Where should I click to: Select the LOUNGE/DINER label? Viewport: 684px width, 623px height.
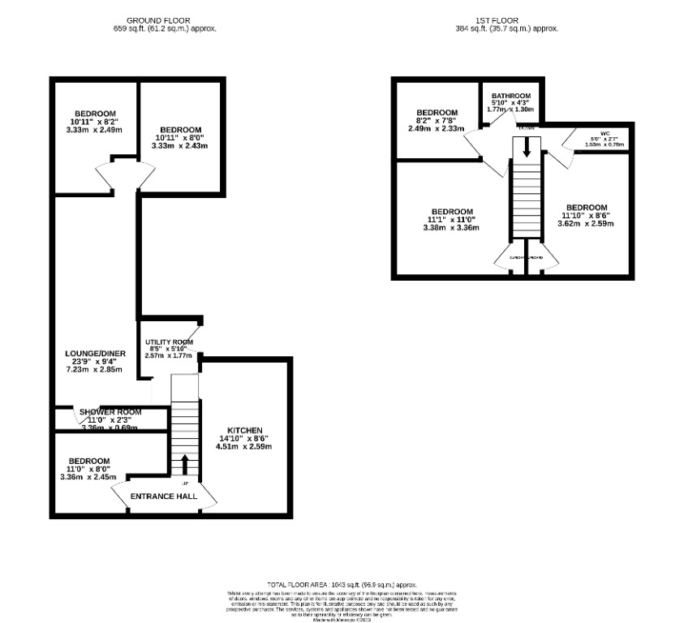tap(94, 354)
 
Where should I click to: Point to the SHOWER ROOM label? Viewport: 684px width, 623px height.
tap(110, 412)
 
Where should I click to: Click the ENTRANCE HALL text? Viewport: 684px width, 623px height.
tap(165, 495)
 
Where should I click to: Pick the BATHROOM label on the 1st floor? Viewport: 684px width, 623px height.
tap(510, 94)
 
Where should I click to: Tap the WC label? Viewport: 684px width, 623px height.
tap(604, 132)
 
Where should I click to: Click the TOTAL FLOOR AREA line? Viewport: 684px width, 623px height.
tap(342, 585)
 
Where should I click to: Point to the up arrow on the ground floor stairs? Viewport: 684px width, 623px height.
tap(184, 465)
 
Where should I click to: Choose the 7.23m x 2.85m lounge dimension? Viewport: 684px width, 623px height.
tap(94, 370)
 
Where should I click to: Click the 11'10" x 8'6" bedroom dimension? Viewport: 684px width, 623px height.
tap(586, 215)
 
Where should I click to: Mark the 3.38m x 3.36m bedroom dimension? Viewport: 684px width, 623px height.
tap(451, 227)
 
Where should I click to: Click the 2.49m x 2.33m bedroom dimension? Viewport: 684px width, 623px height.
tap(436, 129)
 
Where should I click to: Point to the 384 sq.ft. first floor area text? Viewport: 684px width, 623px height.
tap(506, 28)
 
